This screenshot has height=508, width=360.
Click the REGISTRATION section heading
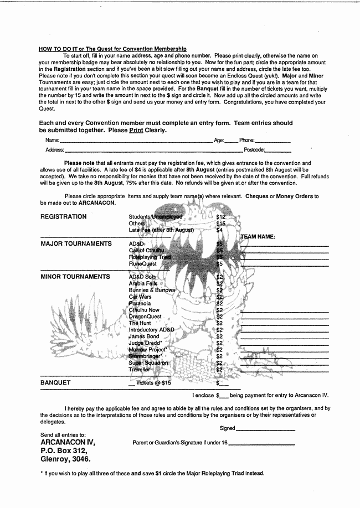64,217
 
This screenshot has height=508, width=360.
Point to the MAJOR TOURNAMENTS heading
76,244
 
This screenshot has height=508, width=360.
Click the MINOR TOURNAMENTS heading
75,277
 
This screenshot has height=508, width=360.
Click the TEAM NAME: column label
258,237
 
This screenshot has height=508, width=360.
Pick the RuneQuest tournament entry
143,264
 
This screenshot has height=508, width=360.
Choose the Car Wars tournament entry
140,297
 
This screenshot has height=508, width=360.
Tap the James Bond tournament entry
143,336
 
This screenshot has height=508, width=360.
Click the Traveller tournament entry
139,370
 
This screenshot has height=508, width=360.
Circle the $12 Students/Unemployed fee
221,217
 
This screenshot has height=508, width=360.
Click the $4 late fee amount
219,230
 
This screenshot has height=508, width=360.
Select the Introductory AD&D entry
151,330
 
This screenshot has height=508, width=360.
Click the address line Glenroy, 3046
65,459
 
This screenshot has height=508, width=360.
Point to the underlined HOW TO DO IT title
112,49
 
